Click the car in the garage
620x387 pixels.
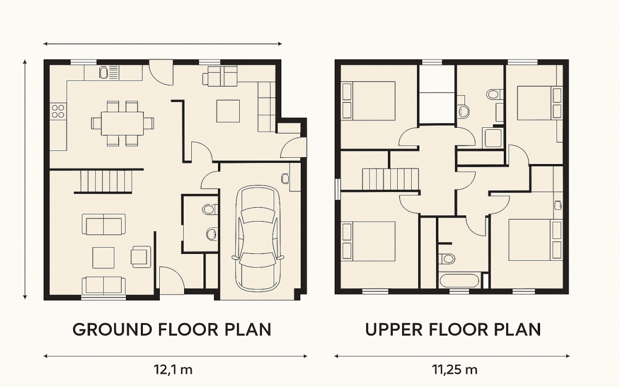[x=258, y=238]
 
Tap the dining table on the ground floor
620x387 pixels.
[x=122, y=123]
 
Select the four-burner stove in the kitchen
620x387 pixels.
[x=58, y=111]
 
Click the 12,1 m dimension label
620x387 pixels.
[x=173, y=370]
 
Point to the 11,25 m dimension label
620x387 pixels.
[x=455, y=370]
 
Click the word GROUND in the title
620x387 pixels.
[x=112, y=329]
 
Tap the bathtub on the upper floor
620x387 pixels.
[x=459, y=280]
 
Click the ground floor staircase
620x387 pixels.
[x=106, y=181]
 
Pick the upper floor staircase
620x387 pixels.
[x=390, y=179]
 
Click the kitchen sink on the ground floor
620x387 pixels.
[x=104, y=73]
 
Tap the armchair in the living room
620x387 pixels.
[x=141, y=257]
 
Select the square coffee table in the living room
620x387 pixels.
[x=103, y=258]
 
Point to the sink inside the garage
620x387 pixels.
[x=285, y=179]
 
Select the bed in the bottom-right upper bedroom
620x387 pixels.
[x=535, y=240]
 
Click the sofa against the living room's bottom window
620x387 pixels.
[x=104, y=285]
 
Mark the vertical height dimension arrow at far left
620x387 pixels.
[x=25, y=179]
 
